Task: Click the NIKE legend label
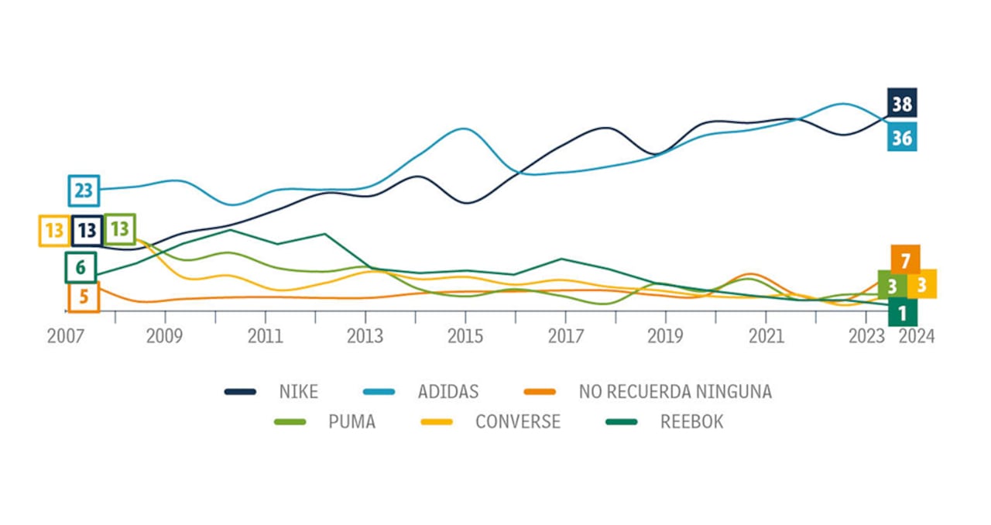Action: click(298, 391)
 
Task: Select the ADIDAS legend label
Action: click(448, 391)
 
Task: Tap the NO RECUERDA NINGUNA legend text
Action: click(675, 391)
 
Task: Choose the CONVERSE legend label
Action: click(517, 422)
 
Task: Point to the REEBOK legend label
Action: click(691, 422)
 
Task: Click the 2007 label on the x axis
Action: click(65, 338)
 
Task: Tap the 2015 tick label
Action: click(465, 338)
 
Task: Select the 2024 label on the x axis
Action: click(917, 338)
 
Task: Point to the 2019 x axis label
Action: click(665, 338)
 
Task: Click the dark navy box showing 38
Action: click(902, 103)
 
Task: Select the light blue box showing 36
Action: click(902, 137)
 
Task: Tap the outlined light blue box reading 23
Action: click(84, 190)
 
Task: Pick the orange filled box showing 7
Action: click(905, 258)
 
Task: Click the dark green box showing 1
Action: click(902, 313)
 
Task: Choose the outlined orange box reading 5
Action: click(84, 297)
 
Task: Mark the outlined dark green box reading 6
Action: click(81, 268)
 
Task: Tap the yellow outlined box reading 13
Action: click(54, 231)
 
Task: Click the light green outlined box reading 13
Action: click(119, 229)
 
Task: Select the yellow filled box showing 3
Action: click(921, 284)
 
